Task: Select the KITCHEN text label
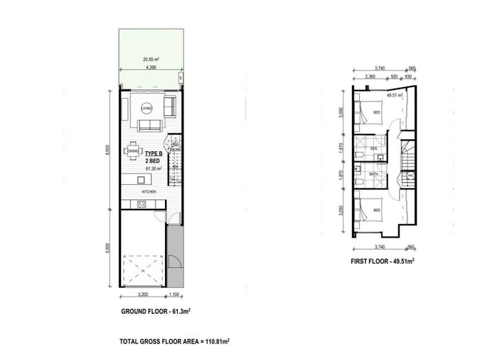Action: click(149, 192)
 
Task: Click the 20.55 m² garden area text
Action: click(150, 60)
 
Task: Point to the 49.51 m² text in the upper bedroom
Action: click(393, 95)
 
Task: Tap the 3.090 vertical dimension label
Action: click(351, 114)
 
